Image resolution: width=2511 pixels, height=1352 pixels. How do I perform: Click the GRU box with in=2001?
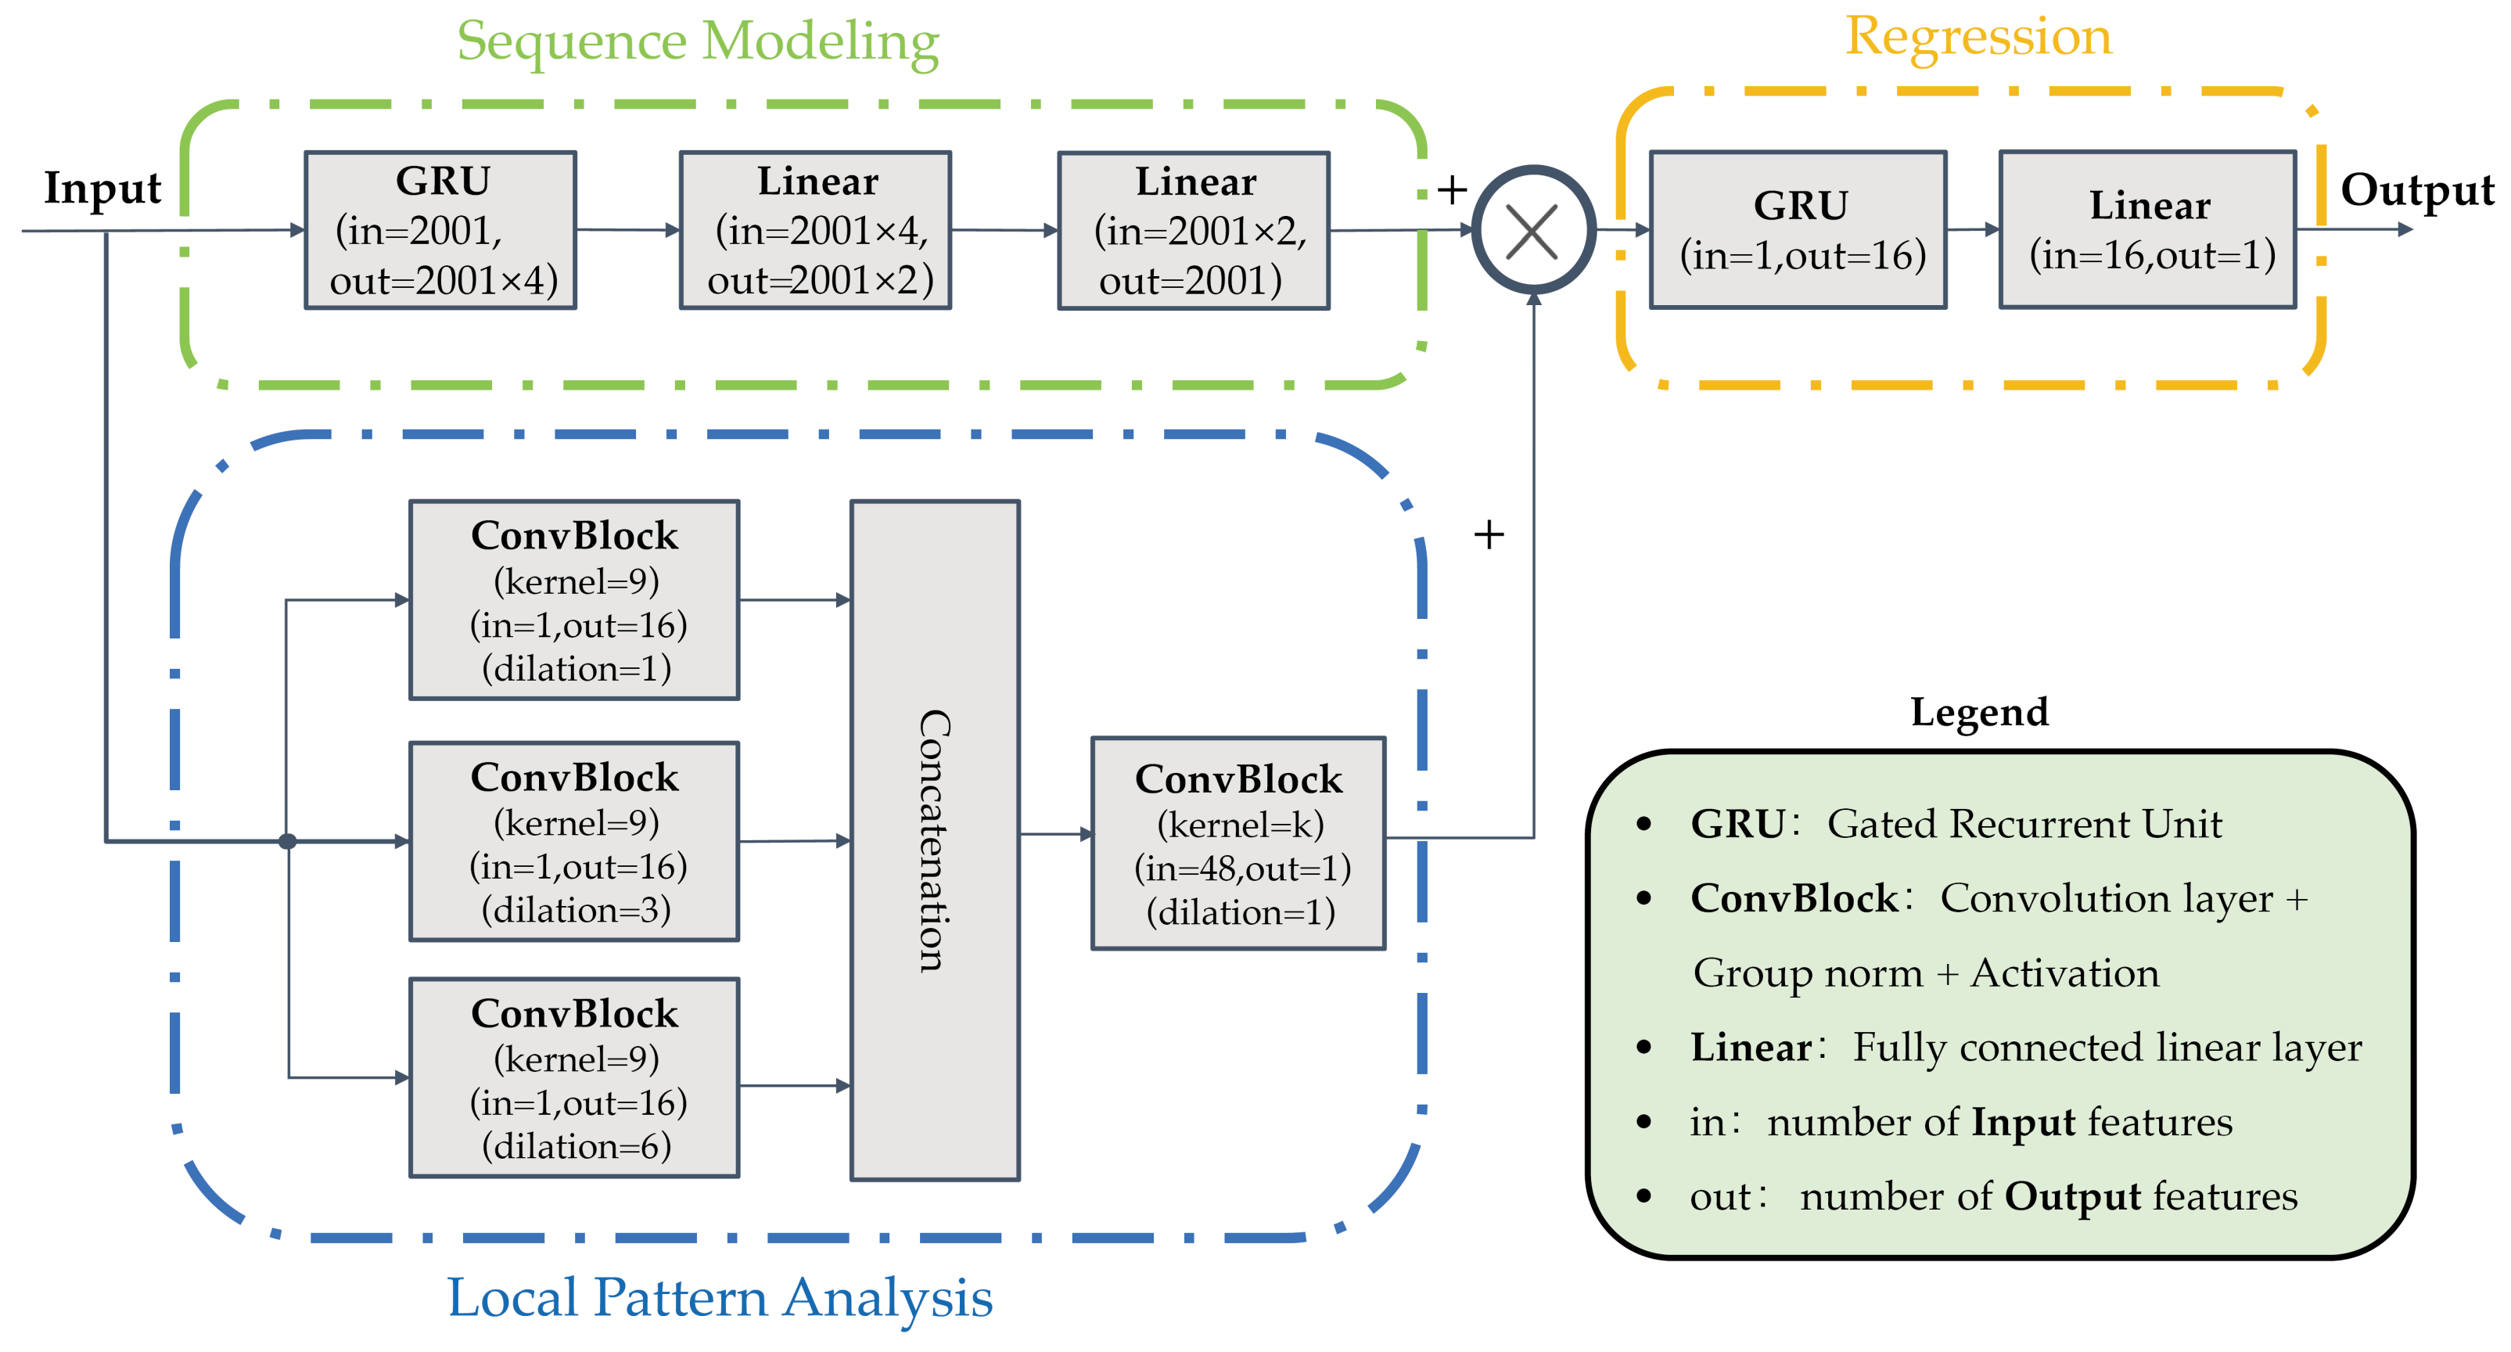pos(440,230)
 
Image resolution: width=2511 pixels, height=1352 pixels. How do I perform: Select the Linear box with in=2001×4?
pos(815,230)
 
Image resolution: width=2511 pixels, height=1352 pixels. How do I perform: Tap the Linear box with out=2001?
pos(1193,230)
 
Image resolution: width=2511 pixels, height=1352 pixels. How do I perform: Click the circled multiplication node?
pos(1532,231)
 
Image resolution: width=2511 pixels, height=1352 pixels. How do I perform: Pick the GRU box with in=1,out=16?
pos(1798,230)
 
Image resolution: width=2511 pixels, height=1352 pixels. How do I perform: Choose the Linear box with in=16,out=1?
pos(2147,230)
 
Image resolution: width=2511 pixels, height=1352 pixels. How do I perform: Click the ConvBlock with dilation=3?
pos(574,840)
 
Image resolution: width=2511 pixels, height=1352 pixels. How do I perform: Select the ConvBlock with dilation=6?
pos(574,1077)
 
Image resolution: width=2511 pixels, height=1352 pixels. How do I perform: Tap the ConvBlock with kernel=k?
pos(1238,843)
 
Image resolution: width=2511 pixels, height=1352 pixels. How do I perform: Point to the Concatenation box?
pos(935,840)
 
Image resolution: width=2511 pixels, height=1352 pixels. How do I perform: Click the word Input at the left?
pos(102,187)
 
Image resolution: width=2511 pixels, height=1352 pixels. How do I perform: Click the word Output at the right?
pos(2416,189)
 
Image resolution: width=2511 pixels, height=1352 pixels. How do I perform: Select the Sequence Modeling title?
pos(698,42)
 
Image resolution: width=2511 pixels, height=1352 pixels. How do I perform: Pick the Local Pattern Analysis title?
pos(720,1298)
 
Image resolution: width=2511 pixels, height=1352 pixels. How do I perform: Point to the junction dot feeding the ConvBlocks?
pos(288,841)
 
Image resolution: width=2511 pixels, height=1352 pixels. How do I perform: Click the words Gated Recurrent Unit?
pos(2024,825)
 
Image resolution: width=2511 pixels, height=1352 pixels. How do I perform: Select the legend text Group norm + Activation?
pos(1925,973)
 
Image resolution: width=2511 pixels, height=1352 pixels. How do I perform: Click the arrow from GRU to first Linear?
pos(627,230)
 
